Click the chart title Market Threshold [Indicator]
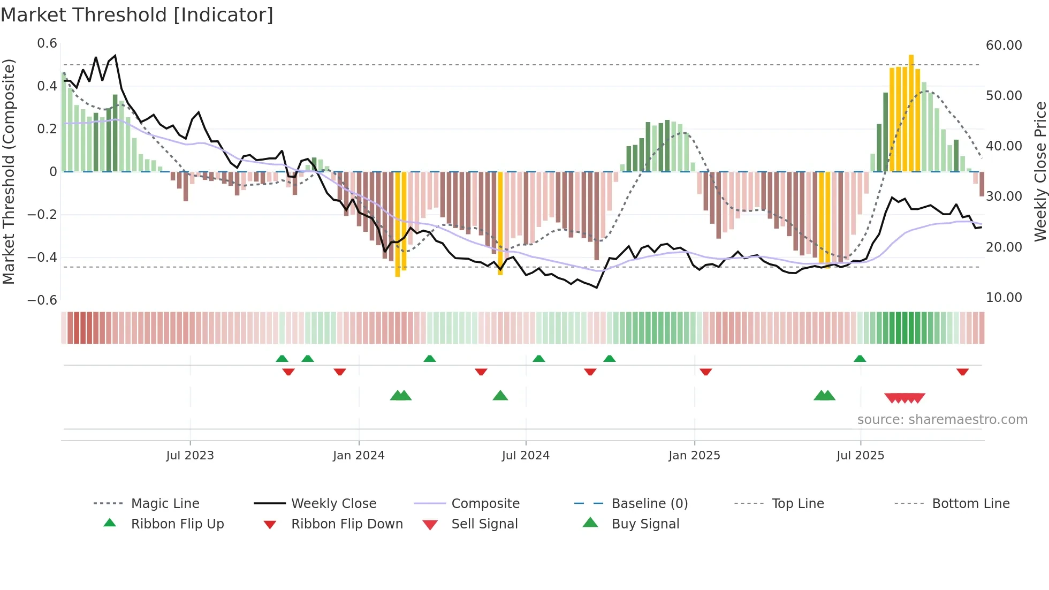pyautogui.click(x=137, y=15)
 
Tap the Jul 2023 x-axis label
pyautogui.click(x=190, y=456)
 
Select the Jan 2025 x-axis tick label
pyautogui.click(x=694, y=456)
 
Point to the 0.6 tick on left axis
pyautogui.click(x=47, y=43)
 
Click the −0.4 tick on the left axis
pyautogui.click(x=42, y=258)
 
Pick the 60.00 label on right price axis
pyautogui.click(x=1004, y=46)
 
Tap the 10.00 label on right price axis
pyautogui.click(x=1004, y=298)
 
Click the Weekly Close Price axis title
pyautogui.click(x=1040, y=171)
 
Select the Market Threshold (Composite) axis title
pyautogui.click(x=9, y=171)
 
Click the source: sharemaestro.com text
pyautogui.click(x=942, y=420)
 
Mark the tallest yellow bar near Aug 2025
pyautogui.click(x=911, y=112)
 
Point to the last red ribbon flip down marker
pyautogui.click(x=962, y=372)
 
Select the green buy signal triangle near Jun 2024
pyautogui.click(x=500, y=396)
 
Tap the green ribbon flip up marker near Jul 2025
pyautogui.click(x=860, y=359)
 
